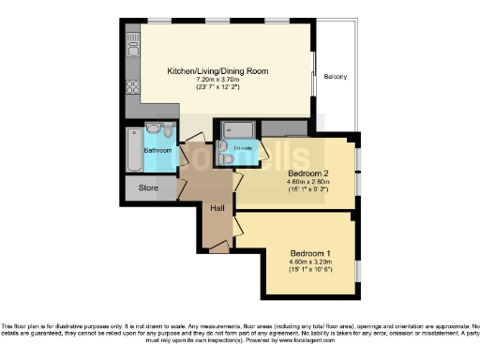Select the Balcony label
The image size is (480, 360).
335,76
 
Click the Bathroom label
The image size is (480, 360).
157,151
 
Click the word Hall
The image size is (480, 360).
217,207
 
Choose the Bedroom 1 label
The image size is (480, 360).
310,254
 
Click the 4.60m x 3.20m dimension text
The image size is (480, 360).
310,262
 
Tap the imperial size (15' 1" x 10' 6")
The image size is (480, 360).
310,272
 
